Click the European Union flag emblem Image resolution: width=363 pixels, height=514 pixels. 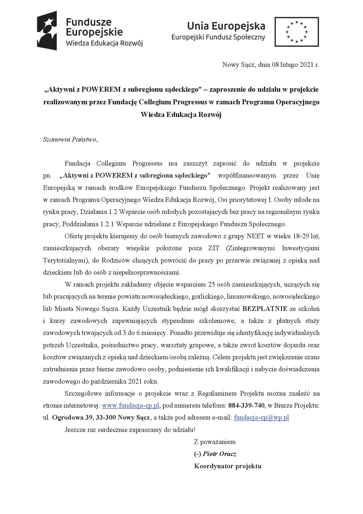click(x=296, y=32)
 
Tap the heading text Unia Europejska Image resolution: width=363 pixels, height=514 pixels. click(x=226, y=26)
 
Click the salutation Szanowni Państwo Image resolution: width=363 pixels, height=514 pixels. click(x=69, y=139)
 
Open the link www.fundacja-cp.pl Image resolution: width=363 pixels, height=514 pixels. click(x=130, y=406)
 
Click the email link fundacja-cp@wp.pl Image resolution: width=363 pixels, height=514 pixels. click(x=261, y=418)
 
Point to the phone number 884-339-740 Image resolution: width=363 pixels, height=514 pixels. click(x=246, y=406)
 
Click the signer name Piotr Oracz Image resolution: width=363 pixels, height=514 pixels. click(x=219, y=454)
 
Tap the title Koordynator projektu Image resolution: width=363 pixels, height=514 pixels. click(x=227, y=466)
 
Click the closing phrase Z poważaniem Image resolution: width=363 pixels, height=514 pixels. click(x=215, y=442)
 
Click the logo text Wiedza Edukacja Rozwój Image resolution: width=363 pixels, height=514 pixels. click(x=105, y=43)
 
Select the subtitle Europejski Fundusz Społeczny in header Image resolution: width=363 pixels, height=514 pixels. click(x=218, y=37)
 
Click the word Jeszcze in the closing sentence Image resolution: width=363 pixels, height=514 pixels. click(x=75, y=430)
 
